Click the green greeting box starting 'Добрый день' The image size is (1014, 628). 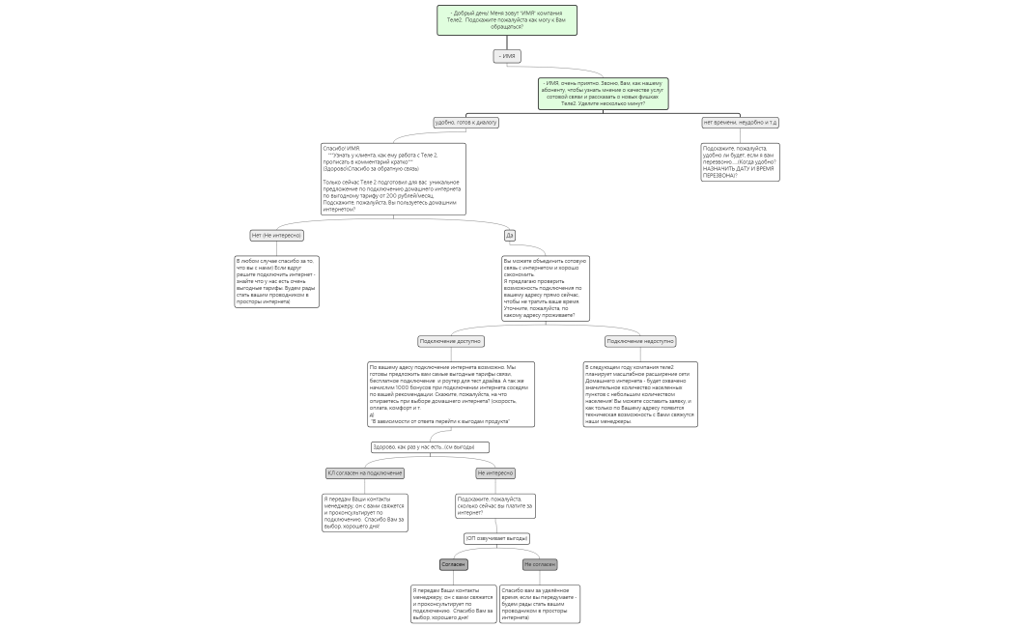[506, 19]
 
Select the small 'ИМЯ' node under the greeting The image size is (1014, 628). [507, 56]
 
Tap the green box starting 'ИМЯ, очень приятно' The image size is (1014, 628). [604, 94]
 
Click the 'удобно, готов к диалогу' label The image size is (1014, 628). [466, 123]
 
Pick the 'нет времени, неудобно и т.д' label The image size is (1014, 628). [740, 123]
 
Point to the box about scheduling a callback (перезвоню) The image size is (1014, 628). [739, 161]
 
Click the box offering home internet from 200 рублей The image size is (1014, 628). [393, 179]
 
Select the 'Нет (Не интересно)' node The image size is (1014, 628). [276, 236]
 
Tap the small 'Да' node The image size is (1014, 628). [510, 235]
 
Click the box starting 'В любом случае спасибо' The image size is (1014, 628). [276, 281]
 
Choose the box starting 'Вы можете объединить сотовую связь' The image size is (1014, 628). [546, 288]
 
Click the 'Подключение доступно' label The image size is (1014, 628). [451, 341]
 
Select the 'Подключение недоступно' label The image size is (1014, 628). [640, 341]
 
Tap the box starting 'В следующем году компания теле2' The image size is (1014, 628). [640, 394]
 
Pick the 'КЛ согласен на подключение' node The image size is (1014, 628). [365, 473]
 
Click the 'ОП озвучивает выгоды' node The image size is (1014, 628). [497, 538]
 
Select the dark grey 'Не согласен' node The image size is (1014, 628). [540, 564]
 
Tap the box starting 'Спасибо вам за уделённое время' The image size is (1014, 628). [540, 603]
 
